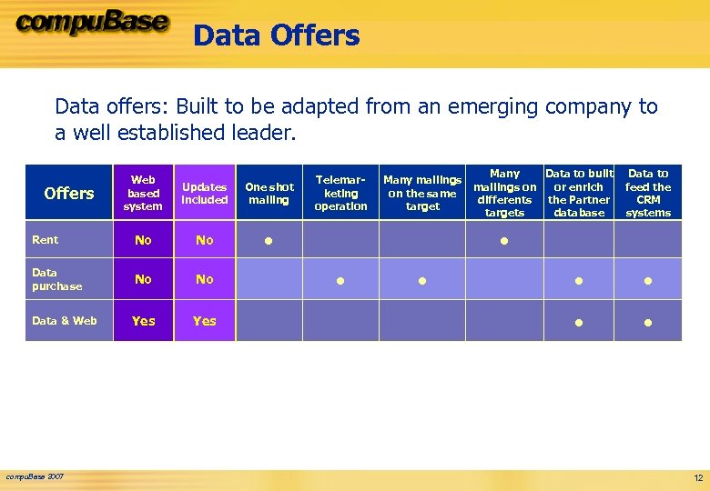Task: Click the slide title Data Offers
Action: click(276, 35)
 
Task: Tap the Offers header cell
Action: click(69, 193)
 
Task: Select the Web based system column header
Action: click(143, 193)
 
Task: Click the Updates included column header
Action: click(205, 193)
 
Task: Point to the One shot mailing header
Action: click(269, 193)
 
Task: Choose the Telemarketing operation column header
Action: click(340, 193)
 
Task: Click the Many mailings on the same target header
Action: click(422, 193)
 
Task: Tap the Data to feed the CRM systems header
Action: click(648, 193)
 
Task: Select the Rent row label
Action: click(46, 240)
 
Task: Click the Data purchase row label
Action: click(56, 279)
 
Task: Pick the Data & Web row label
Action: click(64, 321)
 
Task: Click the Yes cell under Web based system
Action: click(143, 321)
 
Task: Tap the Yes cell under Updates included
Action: click(205, 321)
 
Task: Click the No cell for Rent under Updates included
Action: click(205, 240)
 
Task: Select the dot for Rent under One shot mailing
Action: click(269, 242)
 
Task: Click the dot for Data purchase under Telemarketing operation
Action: click(340, 281)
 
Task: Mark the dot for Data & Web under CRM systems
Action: click(648, 322)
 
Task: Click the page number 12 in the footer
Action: click(698, 478)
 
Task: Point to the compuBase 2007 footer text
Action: click(35, 476)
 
